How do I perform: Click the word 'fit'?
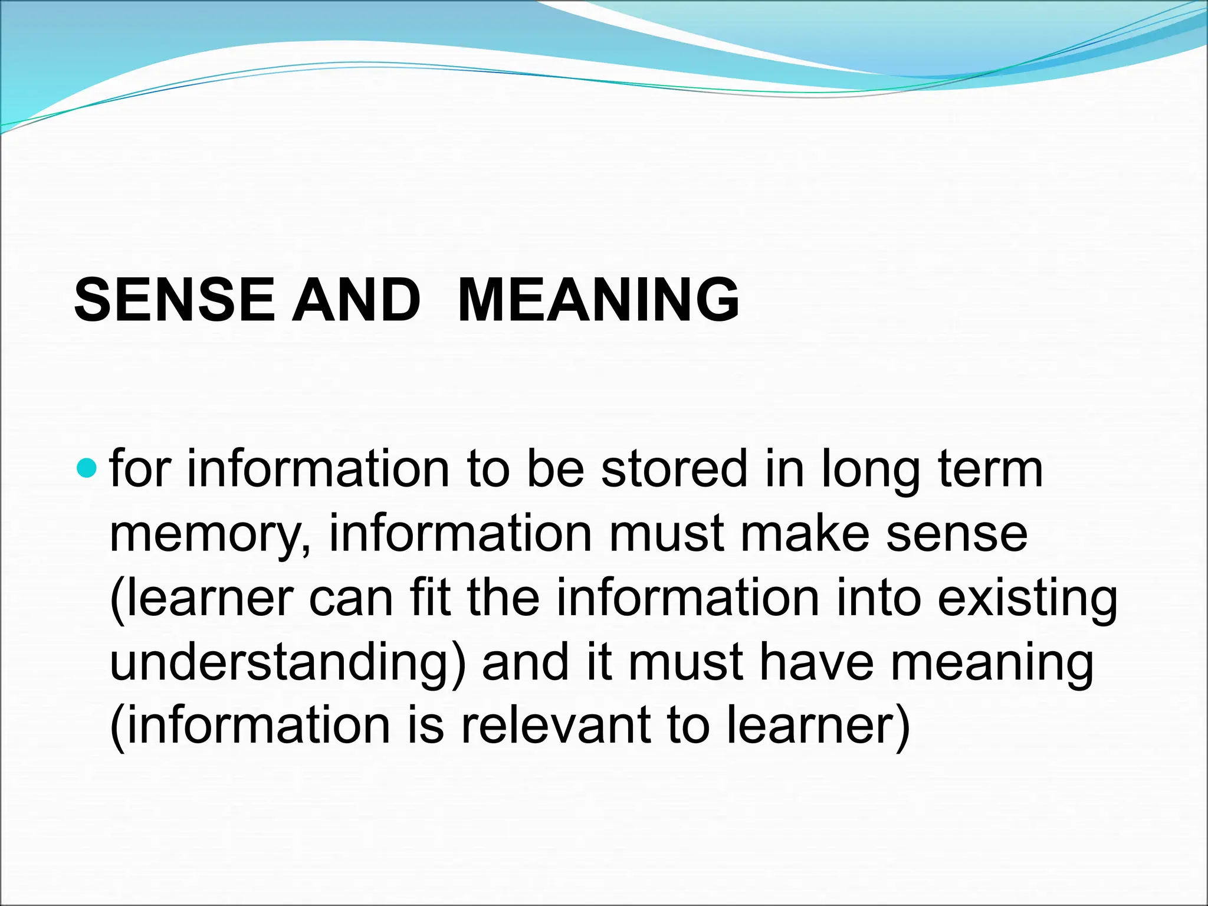430,598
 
